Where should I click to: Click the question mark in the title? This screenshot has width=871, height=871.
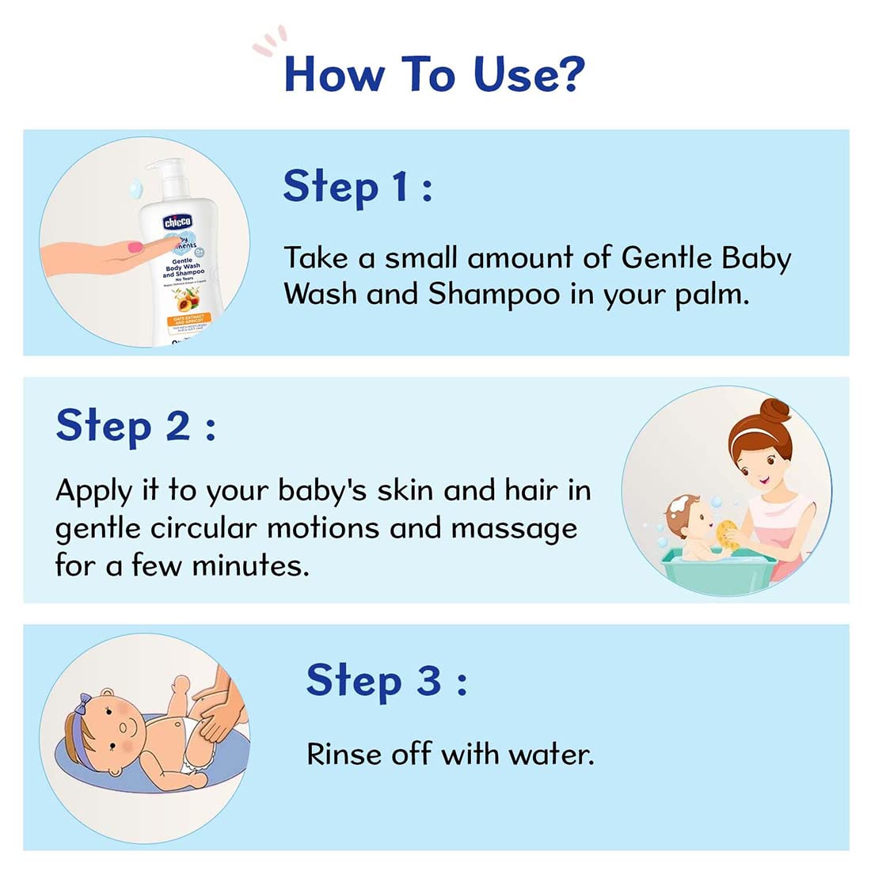point(568,74)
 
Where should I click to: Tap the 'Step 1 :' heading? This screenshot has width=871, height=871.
point(357,188)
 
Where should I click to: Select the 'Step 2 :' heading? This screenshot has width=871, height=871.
point(135,426)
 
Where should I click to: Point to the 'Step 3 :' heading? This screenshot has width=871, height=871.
point(386,681)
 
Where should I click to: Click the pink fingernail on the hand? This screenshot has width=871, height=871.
point(135,247)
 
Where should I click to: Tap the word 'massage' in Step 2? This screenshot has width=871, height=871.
point(514,527)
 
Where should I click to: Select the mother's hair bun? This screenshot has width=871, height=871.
point(775,411)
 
